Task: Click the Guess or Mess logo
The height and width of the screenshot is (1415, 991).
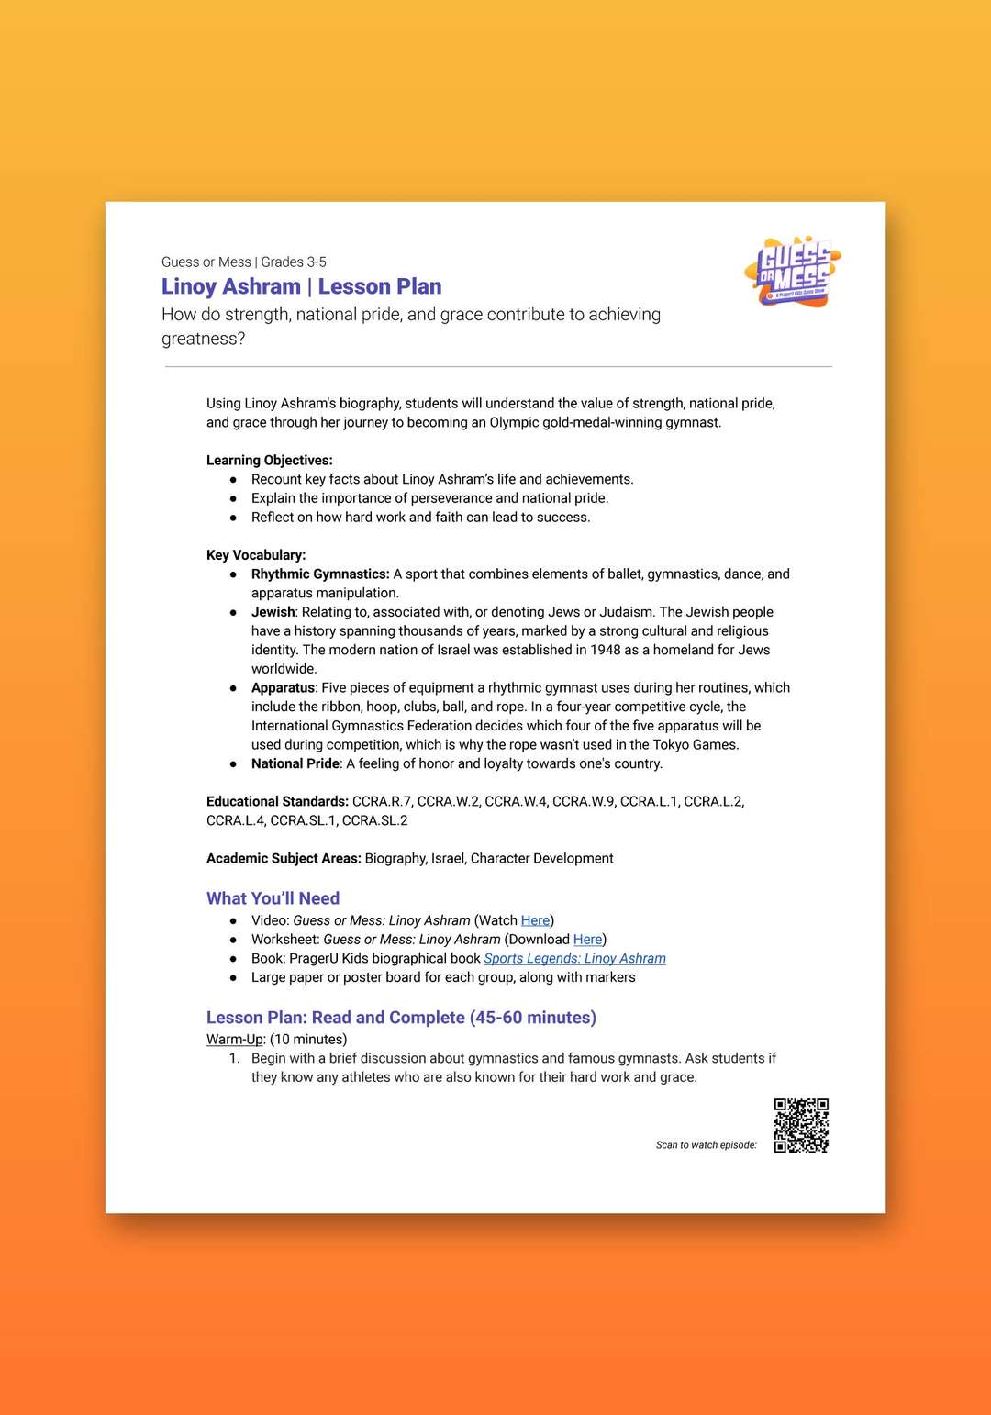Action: (793, 272)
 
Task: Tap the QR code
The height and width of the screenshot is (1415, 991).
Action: (801, 1125)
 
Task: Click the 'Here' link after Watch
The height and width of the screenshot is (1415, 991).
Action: (535, 920)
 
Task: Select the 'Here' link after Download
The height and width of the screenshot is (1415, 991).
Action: (587, 940)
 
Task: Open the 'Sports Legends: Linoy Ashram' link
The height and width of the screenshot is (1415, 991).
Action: (574, 959)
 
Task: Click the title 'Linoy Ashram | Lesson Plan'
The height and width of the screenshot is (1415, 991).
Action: (301, 287)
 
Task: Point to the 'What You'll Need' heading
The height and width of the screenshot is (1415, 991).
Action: (273, 898)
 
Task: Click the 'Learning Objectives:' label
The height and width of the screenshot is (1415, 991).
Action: (269, 461)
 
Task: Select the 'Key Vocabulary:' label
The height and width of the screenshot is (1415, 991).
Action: (256, 555)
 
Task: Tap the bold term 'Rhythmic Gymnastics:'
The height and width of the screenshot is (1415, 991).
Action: (320, 574)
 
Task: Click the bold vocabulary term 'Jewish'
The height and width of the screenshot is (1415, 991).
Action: (273, 612)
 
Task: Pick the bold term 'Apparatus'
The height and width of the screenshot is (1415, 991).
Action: (284, 688)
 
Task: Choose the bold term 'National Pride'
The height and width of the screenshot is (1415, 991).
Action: (295, 764)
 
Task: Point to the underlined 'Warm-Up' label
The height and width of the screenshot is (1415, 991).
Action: (235, 1040)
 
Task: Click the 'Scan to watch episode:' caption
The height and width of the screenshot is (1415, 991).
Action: (706, 1145)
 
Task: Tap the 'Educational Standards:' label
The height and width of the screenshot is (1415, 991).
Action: (277, 802)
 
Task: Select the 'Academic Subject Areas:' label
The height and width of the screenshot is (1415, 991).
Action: (284, 859)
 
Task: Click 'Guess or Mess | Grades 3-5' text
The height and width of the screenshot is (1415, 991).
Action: (243, 262)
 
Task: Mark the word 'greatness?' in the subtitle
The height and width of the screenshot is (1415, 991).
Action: (203, 339)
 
